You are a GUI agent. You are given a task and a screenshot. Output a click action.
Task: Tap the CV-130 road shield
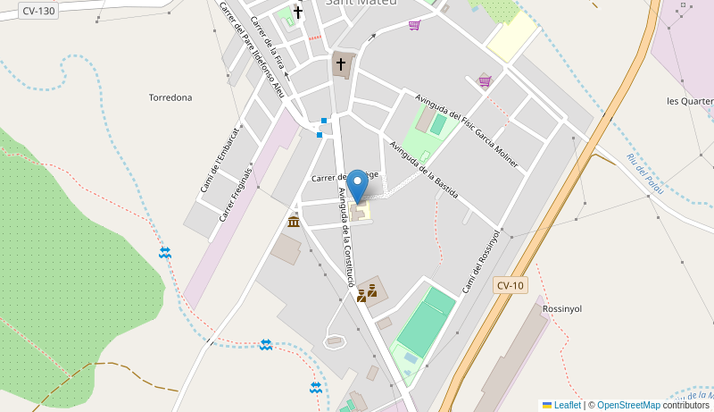coord(38,11)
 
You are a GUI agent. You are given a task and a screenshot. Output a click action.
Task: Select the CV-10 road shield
coord(511,285)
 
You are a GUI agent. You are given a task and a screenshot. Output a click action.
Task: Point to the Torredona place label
coord(170,97)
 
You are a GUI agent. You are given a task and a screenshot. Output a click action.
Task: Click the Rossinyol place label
coord(562,308)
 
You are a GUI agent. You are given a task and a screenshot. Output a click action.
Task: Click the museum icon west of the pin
coord(294,222)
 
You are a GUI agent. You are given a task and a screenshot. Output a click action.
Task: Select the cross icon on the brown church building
coord(340,64)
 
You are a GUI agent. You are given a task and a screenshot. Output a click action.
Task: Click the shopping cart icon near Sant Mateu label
coord(414,25)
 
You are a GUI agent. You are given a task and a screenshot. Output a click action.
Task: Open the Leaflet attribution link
coord(561,405)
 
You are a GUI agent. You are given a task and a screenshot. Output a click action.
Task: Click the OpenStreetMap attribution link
coord(628,405)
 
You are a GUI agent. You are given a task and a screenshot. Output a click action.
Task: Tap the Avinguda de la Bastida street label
coord(425,169)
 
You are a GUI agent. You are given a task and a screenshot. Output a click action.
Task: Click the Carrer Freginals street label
coord(236,194)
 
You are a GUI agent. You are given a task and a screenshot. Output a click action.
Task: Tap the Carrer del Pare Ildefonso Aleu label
coord(252,50)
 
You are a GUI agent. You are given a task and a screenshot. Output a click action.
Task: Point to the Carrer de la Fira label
coord(267,43)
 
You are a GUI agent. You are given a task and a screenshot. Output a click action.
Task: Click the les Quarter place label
coord(690,101)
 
